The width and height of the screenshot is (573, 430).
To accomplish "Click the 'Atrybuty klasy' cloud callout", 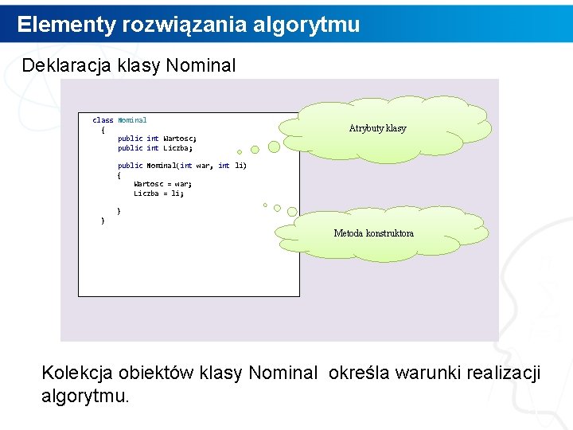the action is [x=377, y=128].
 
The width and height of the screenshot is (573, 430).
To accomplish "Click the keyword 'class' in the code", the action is [x=103, y=120].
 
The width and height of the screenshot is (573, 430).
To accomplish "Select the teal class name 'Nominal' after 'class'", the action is [x=132, y=120].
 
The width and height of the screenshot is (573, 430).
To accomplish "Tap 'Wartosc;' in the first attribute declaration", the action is [x=180, y=139].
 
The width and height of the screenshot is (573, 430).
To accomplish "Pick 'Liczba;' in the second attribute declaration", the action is [x=178, y=148].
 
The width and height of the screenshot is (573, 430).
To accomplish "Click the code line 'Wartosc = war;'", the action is [x=162, y=184].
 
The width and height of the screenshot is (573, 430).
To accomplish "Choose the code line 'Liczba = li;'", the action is [x=158, y=193].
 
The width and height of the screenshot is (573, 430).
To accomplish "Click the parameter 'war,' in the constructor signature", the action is [x=204, y=166].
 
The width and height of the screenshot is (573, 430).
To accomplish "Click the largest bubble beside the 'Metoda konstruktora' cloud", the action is [x=292, y=212].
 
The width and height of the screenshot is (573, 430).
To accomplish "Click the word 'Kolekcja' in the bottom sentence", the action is [x=77, y=373].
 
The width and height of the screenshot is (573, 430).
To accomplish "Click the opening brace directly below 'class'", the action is [x=103, y=129].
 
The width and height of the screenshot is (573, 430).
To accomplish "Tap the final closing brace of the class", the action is [x=103, y=221].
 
